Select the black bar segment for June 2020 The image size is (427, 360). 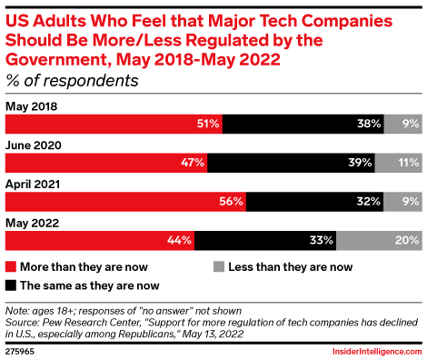[x=291, y=163]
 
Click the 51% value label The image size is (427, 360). [x=207, y=124]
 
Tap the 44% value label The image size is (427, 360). [x=180, y=241]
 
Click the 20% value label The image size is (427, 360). [x=405, y=241]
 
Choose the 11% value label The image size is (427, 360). [x=406, y=163]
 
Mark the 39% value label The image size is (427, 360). [x=361, y=163]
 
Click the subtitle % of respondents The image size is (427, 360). [x=72, y=81]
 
